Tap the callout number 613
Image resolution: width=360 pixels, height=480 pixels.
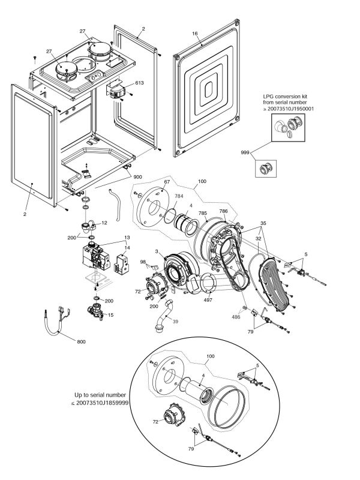pyautogui.click(x=139, y=82)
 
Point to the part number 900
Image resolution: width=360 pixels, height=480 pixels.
pyautogui.click(x=137, y=177)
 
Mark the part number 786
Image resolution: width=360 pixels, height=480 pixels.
pyautogui.click(x=223, y=212)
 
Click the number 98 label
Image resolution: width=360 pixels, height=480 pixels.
pyautogui.click(x=143, y=262)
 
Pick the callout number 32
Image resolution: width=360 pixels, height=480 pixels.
pyautogui.click(x=257, y=239)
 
